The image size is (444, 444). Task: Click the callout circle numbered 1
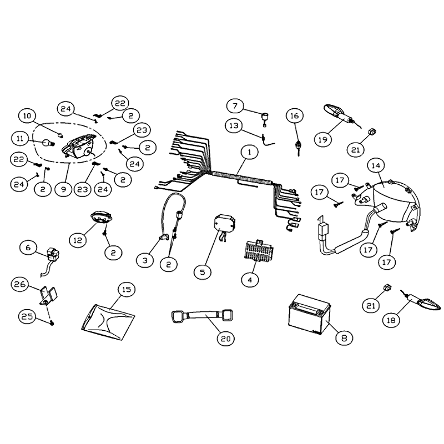(249, 152)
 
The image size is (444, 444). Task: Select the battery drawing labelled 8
(309, 314)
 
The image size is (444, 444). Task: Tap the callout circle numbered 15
(127, 289)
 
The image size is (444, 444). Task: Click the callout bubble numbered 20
(226, 339)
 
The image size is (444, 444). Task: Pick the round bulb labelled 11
(48, 143)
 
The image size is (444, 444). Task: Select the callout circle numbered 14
(376, 165)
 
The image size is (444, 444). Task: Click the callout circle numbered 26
(20, 284)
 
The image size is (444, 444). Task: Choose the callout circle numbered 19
(323, 139)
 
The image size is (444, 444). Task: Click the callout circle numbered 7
(235, 106)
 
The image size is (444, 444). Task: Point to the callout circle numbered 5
(203, 272)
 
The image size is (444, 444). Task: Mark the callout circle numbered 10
(27, 116)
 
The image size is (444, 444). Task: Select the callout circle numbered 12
(78, 240)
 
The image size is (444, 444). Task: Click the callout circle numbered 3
(145, 260)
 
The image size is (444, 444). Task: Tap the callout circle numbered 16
(295, 116)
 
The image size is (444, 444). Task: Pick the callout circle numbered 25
(27, 316)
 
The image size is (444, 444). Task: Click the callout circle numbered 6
(28, 248)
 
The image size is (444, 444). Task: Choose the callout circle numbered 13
(234, 125)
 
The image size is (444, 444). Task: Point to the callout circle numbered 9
(63, 189)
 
